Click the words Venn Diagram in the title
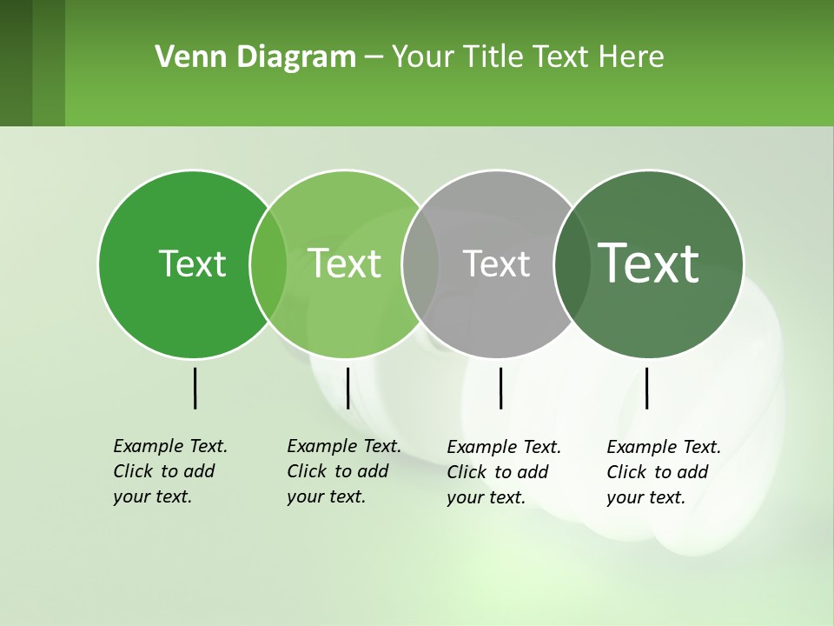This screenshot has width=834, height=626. click(255, 57)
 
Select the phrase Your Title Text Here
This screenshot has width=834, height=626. click(527, 57)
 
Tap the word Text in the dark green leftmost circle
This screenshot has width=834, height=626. click(192, 263)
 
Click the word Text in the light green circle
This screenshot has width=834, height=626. click(344, 263)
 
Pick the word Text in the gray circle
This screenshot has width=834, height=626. click(496, 263)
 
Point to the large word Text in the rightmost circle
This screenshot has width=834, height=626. click(648, 263)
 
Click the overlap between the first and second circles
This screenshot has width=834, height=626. click(268, 263)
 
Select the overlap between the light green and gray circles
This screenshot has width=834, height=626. click(420, 263)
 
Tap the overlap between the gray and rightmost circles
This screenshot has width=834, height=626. click(573, 263)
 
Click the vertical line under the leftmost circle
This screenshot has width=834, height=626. click(195, 388)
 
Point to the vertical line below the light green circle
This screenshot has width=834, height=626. click(347, 388)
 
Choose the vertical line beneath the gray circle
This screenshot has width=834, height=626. click(500, 388)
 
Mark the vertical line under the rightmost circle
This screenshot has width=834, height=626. click(647, 388)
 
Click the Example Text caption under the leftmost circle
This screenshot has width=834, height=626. click(170, 471)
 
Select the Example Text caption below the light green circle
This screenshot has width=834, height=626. click(344, 471)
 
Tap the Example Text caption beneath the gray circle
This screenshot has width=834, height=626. click(504, 472)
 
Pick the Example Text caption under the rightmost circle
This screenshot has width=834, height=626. click(664, 472)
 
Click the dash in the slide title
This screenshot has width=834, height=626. click(374, 58)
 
